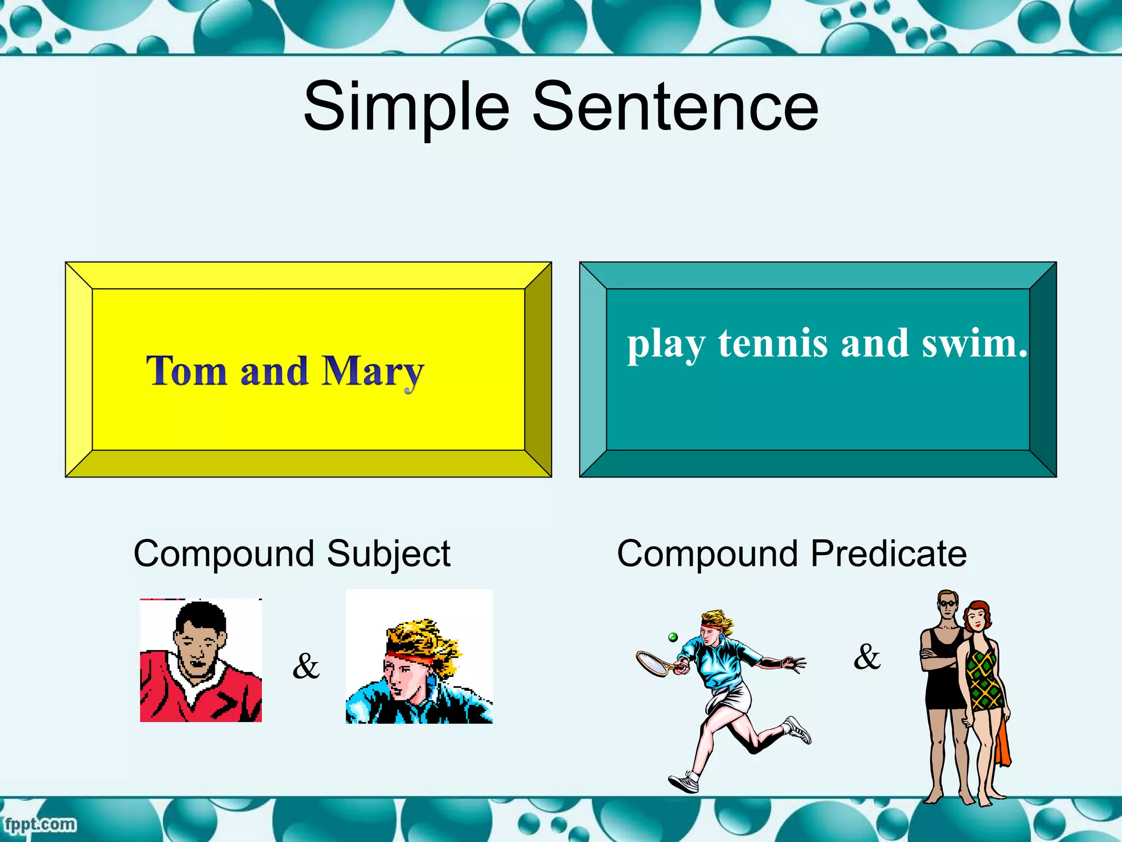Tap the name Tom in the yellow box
pos(186,371)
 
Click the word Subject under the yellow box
pos(388,554)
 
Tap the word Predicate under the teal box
pos(889,554)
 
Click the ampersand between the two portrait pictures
pos(306,666)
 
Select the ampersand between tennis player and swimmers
pos(867,656)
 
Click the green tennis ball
pos(673,637)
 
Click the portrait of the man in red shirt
pos(201,661)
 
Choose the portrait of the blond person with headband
pos(419,657)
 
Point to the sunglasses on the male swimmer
pos(947,604)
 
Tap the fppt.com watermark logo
pos(39,824)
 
